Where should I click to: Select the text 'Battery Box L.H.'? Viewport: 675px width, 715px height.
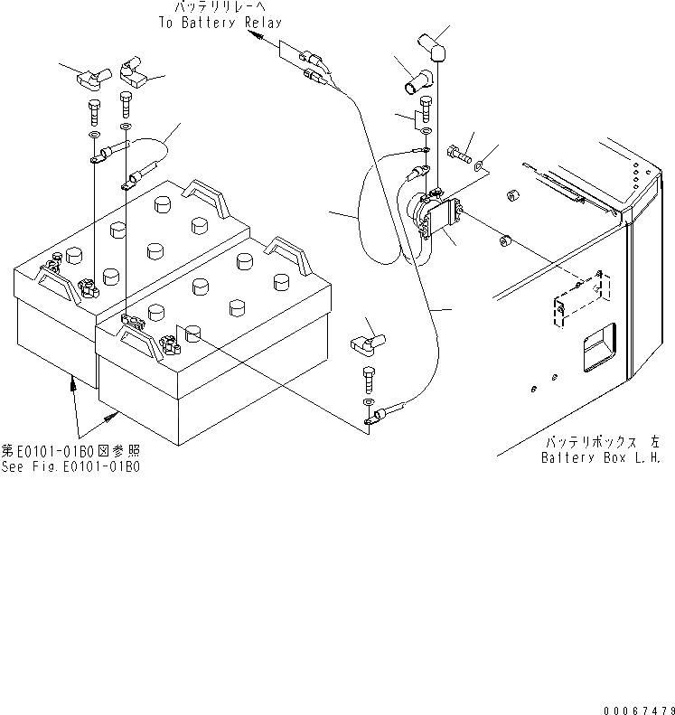[x=601, y=457]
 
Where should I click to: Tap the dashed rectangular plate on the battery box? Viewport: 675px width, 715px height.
[x=577, y=299]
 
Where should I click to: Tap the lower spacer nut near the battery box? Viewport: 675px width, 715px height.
[x=505, y=242]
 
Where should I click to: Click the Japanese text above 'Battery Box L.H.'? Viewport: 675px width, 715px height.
[x=602, y=442]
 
